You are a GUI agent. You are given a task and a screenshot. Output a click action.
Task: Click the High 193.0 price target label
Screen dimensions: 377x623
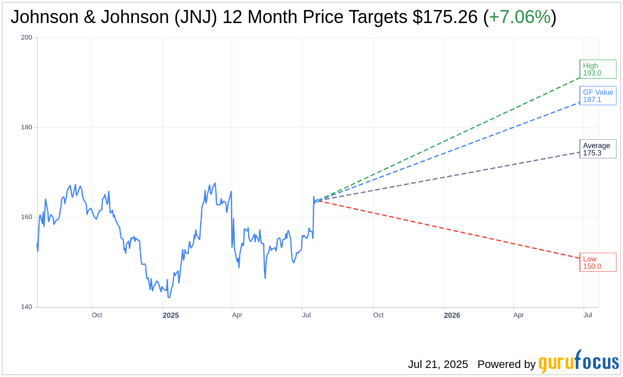[x=597, y=69]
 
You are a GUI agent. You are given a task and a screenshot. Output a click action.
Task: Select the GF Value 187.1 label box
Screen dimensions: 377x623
[x=597, y=96]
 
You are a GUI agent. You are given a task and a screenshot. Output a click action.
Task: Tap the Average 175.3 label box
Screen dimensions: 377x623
[x=597, y=149]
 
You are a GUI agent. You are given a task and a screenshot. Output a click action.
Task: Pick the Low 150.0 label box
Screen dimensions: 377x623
[x=597, y=262]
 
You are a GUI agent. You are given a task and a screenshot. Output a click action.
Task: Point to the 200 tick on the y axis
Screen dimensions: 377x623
[x=27, y=38]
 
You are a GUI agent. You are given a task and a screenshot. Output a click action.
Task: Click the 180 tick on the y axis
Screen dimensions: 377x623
[x=27, y=127]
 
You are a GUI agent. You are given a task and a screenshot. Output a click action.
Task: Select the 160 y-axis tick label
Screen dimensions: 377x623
[x=27, y=217]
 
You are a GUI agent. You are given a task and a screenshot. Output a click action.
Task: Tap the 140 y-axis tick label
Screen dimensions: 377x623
[x=27, y=307]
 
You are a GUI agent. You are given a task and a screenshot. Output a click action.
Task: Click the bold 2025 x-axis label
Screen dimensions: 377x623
[x=171, y=315]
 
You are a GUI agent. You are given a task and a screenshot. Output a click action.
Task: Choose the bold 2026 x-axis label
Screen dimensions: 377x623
[x=452, y=315]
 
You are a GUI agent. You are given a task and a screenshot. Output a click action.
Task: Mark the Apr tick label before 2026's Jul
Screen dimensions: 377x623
[x=518, y=315]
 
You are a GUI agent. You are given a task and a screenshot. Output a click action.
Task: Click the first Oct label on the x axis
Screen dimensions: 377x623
[x=97, y=315]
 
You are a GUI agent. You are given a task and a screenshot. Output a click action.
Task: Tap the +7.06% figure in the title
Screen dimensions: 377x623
[x=520, y=17]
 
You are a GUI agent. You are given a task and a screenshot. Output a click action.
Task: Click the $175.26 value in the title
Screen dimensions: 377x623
[x=445, y=17]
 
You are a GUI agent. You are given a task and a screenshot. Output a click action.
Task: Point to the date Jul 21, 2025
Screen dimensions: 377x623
[x=438, y=364]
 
